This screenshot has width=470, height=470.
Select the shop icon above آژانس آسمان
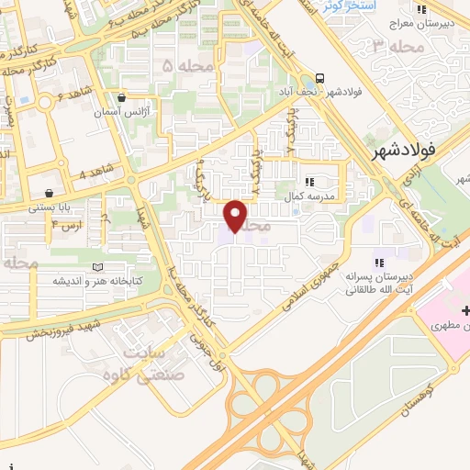coord(121,97)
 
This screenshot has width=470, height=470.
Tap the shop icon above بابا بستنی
coord(47,194)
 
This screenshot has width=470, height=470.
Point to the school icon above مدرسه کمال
coord(309,183)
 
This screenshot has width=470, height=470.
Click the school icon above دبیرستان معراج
coord(422,11)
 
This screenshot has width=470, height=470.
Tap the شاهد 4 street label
coord(95,173)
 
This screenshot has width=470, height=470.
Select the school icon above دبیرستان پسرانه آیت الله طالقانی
coord(378,252)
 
